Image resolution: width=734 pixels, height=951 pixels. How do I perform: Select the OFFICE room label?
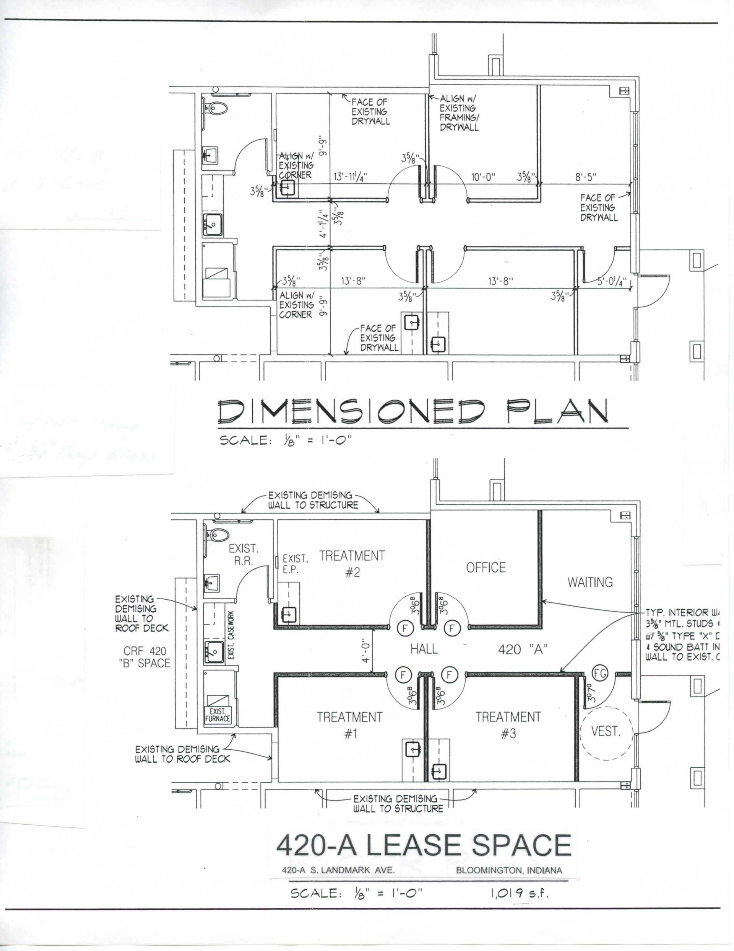(x=486, y=568)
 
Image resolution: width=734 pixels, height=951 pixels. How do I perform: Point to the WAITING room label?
(x=589, y=582)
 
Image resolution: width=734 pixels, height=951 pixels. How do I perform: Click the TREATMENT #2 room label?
(x=352, y=563)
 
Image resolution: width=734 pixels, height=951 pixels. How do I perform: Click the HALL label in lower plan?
(x=424, y=649)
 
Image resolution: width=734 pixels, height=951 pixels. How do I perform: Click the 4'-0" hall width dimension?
(x=366, y=650)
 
